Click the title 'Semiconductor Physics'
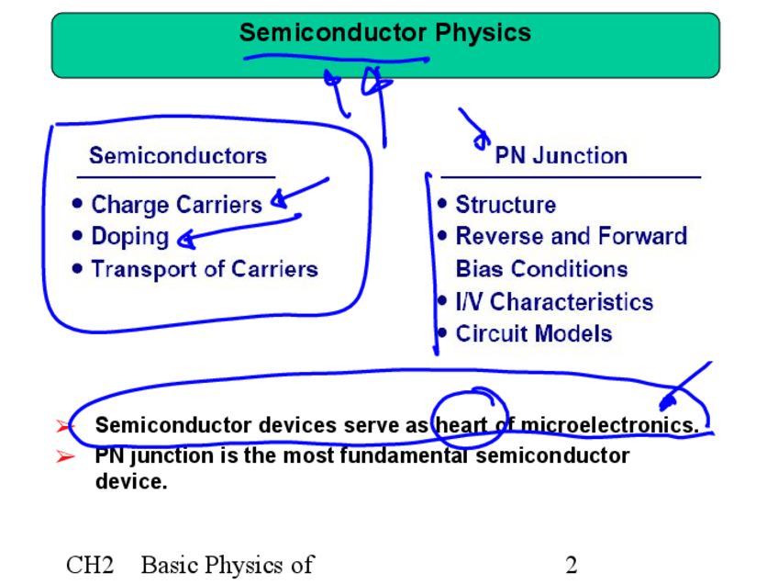(x=384, y=33)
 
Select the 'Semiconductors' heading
(x=178, y=155)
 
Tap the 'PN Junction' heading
(x=561, y=155)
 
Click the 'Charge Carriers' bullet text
(x=176, y=204)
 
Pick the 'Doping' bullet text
(x=129, y=236)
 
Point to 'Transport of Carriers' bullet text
(x=205, y=269)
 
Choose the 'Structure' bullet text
(x=506, y=204)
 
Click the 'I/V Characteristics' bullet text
(x=554, y=301)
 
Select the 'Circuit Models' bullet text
(x=533, y=333)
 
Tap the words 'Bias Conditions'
(x=541, y=269)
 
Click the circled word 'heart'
(x=462, y=425)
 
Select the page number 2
(x=572, y=565)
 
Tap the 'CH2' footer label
(x=90, y=565)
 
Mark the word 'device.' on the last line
(x=131, y=481)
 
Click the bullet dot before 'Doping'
(x=77, y=236)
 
